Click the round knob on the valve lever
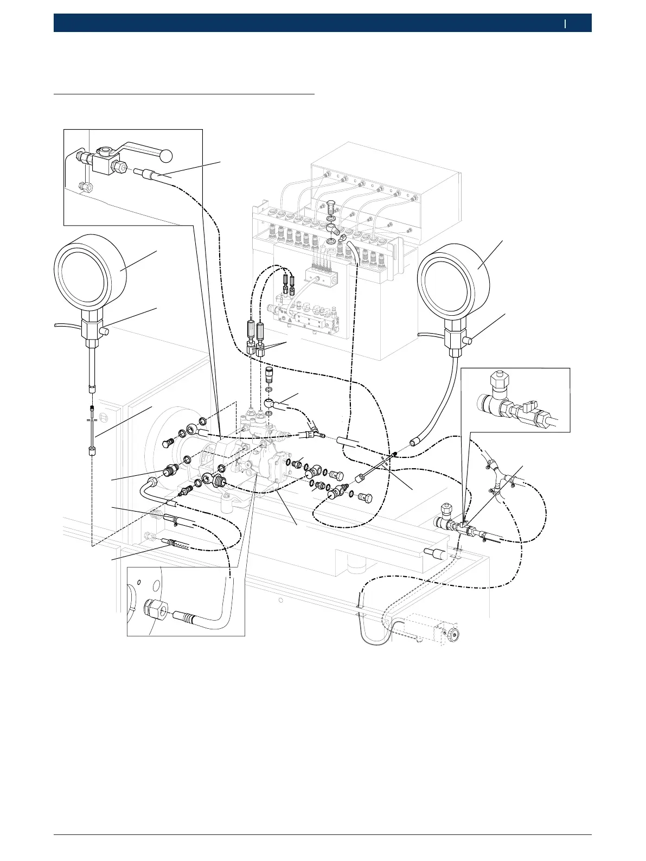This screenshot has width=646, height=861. [167, 155]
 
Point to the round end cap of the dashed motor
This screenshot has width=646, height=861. [451, 633]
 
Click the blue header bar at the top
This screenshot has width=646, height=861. [322, 23]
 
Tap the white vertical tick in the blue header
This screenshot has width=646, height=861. [565, 23]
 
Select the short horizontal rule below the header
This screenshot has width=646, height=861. [184, 94]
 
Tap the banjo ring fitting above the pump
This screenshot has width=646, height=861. [269, 403]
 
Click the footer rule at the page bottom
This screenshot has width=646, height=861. [322, 834]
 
